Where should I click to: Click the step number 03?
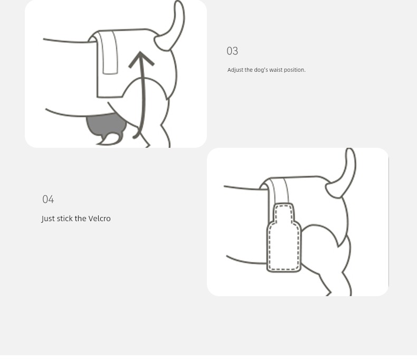[x=232, y=51]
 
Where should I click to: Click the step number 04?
[x=48, y=199]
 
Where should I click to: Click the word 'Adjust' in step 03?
[x=235, y=70]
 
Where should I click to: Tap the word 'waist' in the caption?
[x=276, y=70]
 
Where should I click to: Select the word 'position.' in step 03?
[x=295, y=70]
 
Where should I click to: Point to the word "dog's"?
[x=261, y=70]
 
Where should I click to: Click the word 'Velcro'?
[x=99, y=219]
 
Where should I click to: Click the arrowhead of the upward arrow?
[x=141, y=59]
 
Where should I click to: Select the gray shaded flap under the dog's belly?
[x=105, y=125]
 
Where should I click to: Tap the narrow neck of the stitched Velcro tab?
[x=284, y=213]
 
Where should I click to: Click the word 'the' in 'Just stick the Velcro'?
[x=81, y=219]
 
